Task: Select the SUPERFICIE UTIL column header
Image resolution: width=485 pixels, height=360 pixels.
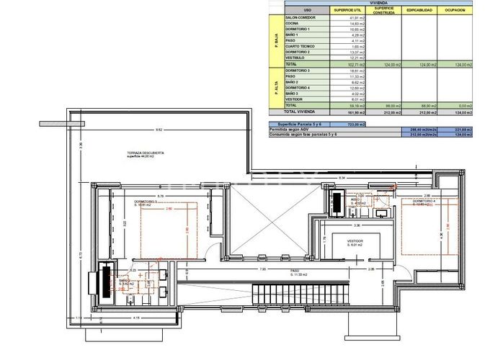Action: click(348, 9)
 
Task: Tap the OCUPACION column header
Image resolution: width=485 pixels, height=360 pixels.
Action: click(455, 9)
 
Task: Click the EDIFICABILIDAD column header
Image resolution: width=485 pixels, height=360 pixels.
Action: click(419, 9)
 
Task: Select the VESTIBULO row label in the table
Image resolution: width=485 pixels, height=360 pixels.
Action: click(298, 58)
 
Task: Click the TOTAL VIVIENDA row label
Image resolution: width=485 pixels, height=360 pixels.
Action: click(300, 112)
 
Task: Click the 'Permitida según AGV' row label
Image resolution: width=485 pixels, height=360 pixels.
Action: click(290, 130)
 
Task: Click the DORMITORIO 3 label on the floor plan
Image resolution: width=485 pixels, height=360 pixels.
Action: click(148, 202)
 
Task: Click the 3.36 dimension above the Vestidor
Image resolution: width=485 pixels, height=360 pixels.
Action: click(349, 225)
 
